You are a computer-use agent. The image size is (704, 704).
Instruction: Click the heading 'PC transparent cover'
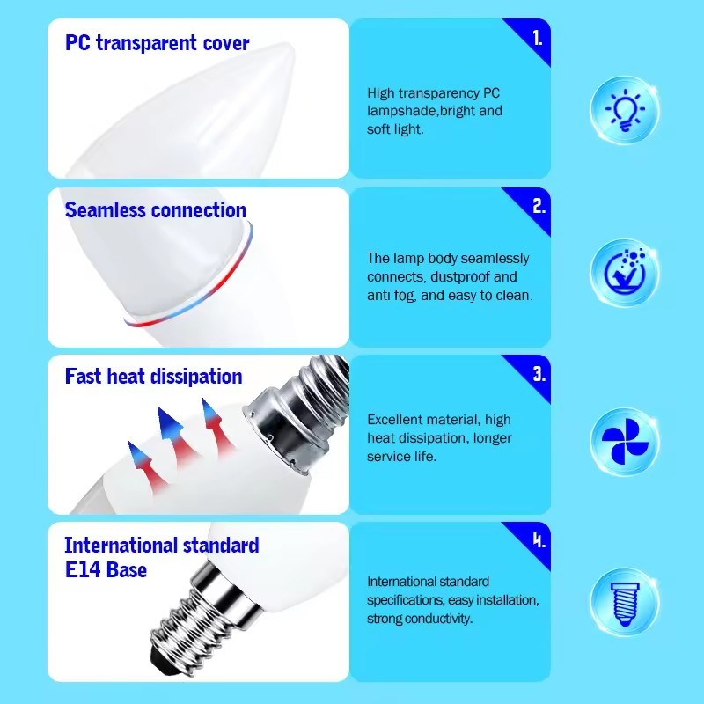[157, 43]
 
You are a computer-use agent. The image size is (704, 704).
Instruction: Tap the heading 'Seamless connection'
[155, 210]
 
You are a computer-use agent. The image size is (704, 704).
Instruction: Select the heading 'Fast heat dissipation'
[153, 377]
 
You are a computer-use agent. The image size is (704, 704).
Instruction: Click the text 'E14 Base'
[106, 569]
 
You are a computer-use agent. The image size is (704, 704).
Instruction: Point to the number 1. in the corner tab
[537, 39]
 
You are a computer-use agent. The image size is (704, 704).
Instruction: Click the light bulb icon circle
[624, 110]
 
